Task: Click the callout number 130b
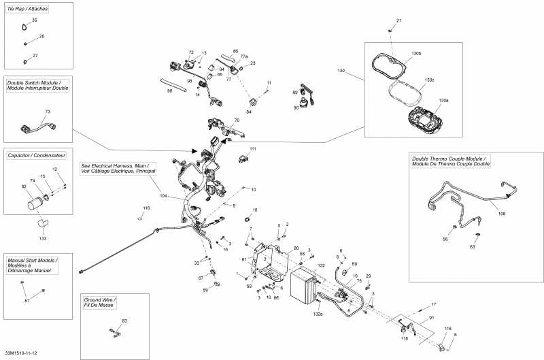[x=416, y=53]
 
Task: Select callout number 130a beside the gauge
[x=443, y=100]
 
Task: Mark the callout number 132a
[x=317, y=314]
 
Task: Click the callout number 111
[x=253, y=148]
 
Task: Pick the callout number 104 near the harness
[x=163, y=195]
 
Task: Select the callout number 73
[x=48, y=111]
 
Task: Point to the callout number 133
[x=43, y=239]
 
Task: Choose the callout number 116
[x=146, y=208]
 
